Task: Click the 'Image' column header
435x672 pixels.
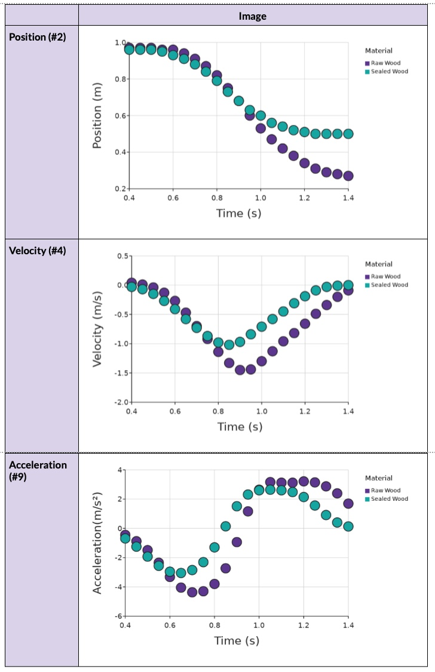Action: tap(252, 16)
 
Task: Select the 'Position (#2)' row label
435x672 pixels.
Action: tap(37, 37)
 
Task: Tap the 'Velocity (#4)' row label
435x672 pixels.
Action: tap(37, 251)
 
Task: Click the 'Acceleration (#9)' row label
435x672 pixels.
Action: tap(38, 470)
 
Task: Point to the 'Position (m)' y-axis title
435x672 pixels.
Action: tap(97, 115)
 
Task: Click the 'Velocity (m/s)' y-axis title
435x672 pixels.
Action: tap(97, 329)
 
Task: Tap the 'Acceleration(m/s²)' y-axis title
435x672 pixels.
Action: tap(97, 542)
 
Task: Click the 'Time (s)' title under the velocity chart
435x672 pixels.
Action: tap(240, 426)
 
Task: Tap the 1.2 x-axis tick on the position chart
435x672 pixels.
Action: tap(305, 197)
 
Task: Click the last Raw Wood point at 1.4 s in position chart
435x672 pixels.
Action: tap(348, 175)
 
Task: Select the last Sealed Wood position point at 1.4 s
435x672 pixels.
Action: tap(348, 134)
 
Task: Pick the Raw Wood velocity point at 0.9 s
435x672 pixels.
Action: tap(240, 370)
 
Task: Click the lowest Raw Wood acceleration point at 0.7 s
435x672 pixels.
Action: tap(192, 592)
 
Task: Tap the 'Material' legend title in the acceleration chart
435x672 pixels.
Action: tap(379, 478)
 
